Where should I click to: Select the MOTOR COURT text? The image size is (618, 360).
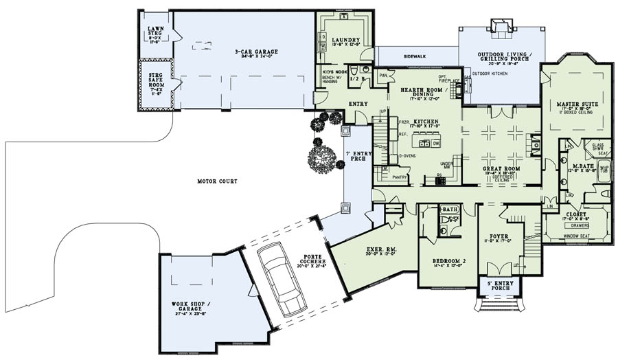tap(218, 181)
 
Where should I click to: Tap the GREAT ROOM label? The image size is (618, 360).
tap(501, 168)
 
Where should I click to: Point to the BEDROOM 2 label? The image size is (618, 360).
tap(450, 261)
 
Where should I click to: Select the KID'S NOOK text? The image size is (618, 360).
tap(332, 71)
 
